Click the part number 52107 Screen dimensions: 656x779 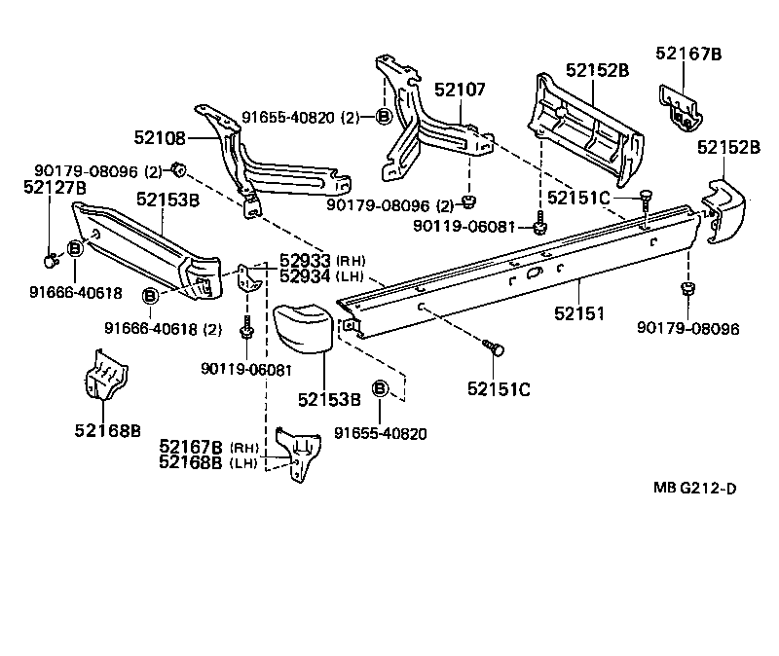460,90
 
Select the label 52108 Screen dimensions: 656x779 158,137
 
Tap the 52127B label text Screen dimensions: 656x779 55,188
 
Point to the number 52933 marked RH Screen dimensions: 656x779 305,261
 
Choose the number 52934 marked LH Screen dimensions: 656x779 305,275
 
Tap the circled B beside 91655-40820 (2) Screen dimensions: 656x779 383,117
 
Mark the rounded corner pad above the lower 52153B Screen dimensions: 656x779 304,336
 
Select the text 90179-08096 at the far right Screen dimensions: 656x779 688,329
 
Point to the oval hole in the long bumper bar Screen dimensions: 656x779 535,275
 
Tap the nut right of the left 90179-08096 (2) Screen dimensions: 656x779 179,170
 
